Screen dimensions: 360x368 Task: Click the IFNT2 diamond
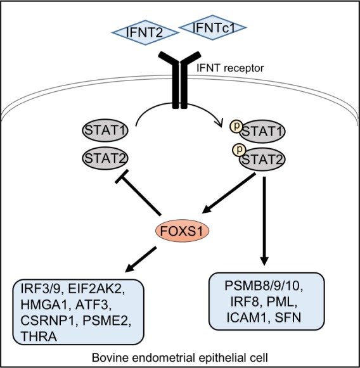[145, 33]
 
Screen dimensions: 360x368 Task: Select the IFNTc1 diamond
[213, 28]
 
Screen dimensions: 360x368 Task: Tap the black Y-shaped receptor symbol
[179, 80]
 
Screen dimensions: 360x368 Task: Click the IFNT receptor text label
[230, 68]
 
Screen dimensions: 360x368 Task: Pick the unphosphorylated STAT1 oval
[105, 130]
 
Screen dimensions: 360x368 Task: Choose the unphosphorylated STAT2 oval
[105, 158]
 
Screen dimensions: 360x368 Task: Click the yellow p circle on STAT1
[236, 126]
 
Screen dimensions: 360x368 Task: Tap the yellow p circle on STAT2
[239, 149]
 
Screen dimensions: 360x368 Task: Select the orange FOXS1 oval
[183, 231]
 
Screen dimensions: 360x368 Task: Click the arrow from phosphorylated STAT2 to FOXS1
[229, 193]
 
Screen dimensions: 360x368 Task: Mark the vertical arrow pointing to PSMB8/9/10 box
[264, 221]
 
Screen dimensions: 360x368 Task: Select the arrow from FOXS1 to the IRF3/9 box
[141, 259]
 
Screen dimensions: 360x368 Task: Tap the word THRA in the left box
[39, 336]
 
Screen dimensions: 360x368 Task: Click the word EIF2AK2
[96, 289]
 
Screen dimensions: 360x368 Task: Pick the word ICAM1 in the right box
[247, 317]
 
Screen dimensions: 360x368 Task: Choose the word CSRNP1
[49, 320]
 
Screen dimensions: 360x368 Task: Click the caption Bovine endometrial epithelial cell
[180, 358]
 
